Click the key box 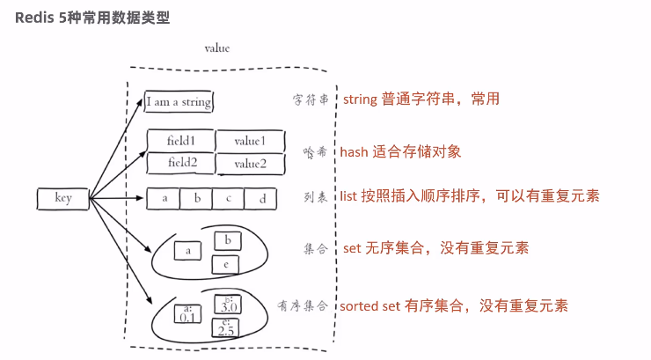(62, 198)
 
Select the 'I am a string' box (179, 101)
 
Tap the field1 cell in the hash (179, 141)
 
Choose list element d (261, 198)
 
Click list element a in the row (164, 198)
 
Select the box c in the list (229, 198)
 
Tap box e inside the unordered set (226, 263)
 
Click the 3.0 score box (227, 305)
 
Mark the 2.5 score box (225, 327)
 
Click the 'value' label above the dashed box (216, 49)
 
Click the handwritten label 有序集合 (303, 305)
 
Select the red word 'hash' (354, 151)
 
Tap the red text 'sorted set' (370, 305)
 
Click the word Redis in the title (33, 18)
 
